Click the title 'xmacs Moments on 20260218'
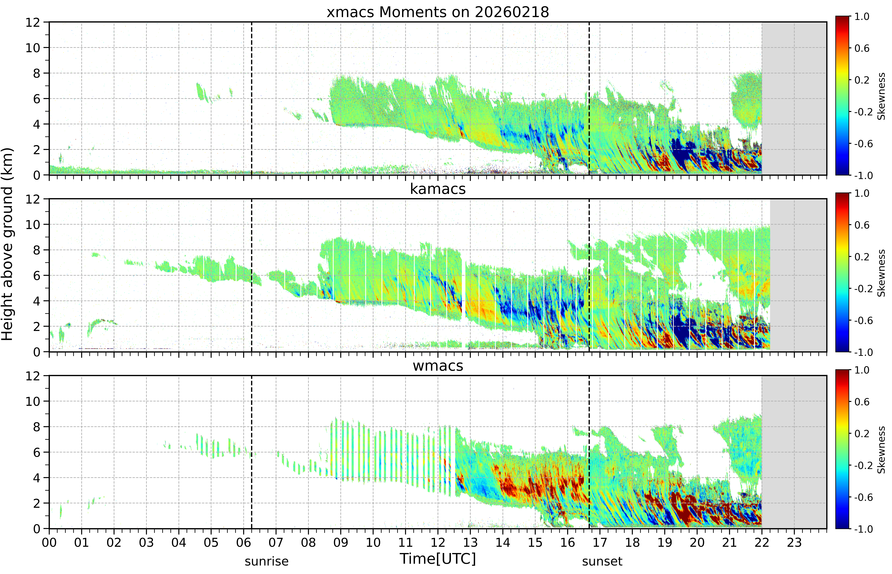pyautogui.click(x=438, y=12)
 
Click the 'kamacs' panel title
pyautogui.click(x=438, y=189)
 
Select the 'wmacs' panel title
pyautogui.click(x=438, y=366)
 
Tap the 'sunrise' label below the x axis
pyautogui.click(x=266, y=561)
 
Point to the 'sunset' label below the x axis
pyautogui.click(x=602, y=561)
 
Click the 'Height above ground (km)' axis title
pyautogui.click(x=7, y=244)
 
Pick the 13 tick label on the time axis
pyautogui.click(x=470, y=542)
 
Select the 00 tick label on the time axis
pyautogui.click(x=49, y=542)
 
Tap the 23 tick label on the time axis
pyautogui.click(x=794, y=542)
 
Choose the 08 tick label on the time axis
pyautogui.click(x=308, y=542)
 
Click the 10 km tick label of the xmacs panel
pyautogui.click(x=33, y=48)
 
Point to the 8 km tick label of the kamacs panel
pyautogui.click(x=37, y=250)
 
